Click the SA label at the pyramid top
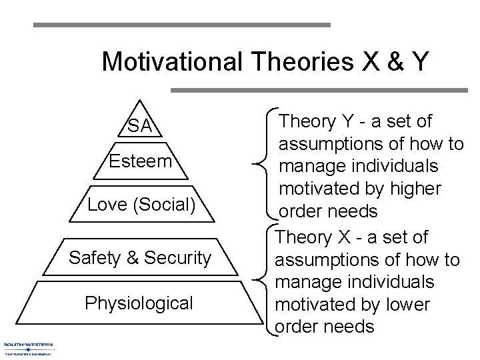(139, 125)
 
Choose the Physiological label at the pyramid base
(139, 303)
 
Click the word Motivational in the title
(175, 62)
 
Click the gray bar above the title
(181, 25)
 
